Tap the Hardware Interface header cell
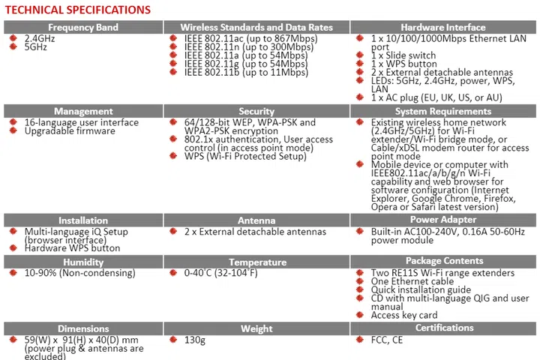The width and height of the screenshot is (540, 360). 444,26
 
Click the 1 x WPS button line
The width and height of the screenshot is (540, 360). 408,64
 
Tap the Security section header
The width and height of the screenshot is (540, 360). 256,112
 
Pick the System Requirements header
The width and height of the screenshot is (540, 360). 444,112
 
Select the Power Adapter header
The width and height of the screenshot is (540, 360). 444,220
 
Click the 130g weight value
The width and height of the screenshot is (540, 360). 195,340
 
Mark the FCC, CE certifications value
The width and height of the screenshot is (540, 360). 388,340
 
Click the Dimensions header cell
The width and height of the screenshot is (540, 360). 84,328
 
